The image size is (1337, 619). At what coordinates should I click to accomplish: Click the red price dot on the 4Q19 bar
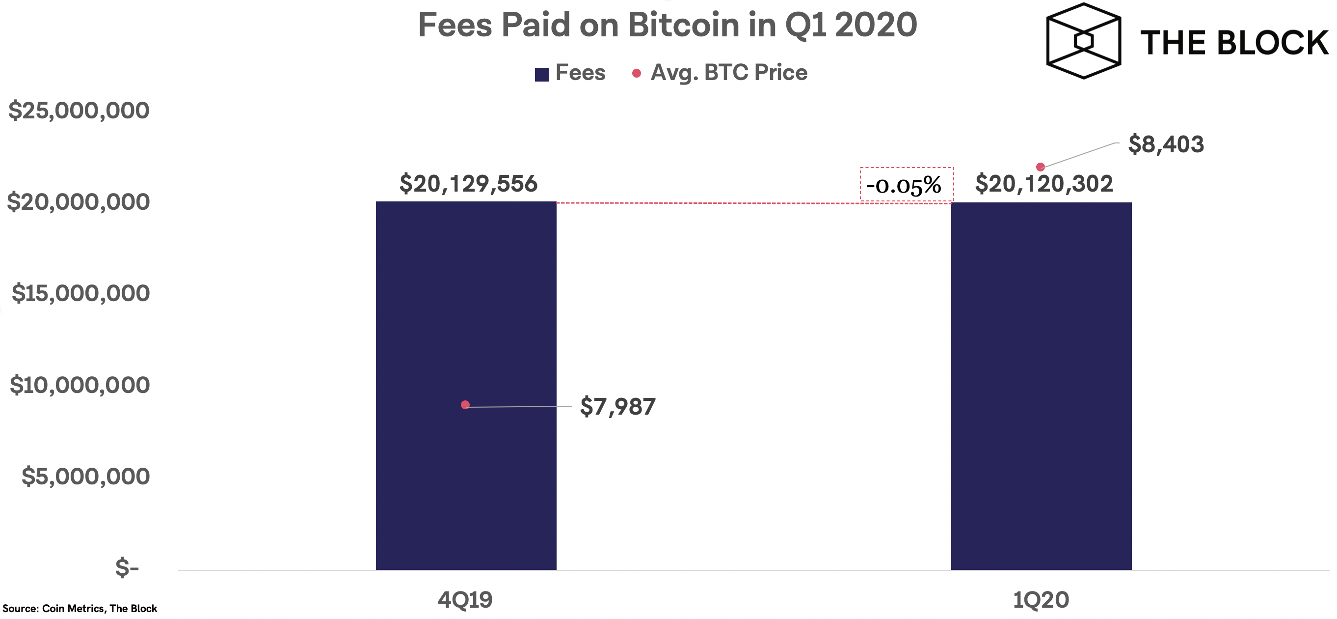465,404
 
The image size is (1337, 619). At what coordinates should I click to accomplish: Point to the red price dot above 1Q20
1040,167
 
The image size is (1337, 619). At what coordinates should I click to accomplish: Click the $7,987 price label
617,407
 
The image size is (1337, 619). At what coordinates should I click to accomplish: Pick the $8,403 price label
1166,144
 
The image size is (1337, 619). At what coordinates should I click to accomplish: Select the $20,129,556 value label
468,184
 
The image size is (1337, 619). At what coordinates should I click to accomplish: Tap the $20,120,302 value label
1044,184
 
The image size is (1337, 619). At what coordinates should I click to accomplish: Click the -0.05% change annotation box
906,184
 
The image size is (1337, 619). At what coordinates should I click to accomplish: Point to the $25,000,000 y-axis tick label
79,111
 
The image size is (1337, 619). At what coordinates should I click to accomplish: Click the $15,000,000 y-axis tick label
80,293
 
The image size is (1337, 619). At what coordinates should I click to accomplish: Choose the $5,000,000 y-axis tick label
85,476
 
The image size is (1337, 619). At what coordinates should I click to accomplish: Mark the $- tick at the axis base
127,567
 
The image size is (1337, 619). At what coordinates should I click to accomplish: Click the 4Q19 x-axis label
465,600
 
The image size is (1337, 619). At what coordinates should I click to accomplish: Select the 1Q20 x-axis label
1041,600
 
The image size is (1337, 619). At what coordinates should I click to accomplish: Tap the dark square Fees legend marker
541,74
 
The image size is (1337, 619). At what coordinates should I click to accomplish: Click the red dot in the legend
636,73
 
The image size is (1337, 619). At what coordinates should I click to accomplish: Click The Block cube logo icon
1083,41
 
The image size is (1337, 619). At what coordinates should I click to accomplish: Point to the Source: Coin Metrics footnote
80,609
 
